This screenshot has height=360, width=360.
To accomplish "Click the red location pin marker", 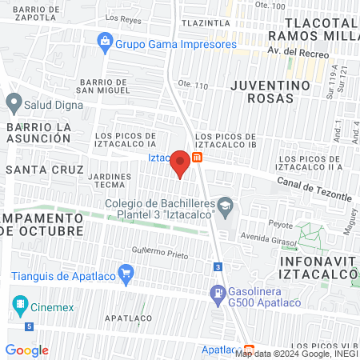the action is click(180, 163).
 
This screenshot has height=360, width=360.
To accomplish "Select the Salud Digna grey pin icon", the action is click(13, 102).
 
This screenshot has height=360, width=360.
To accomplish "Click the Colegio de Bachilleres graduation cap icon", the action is click(226, 205).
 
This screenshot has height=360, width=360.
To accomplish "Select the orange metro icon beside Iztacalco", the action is click(198, 158).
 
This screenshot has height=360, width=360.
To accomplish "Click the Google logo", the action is click(26, 350).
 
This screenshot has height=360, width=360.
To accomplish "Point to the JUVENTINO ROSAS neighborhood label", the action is click(268, 92).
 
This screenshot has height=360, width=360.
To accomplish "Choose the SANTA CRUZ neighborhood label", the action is click(44, 170).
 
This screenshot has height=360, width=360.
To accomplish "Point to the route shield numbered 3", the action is click(217, 267).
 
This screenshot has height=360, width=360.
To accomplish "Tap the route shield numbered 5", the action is click(30, 326).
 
